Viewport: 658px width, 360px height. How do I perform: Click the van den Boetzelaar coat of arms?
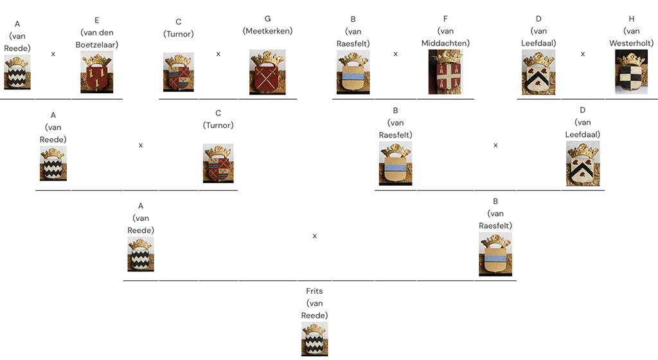pos(96,73)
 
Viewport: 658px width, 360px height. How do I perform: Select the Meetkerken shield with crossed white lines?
pos(267,72)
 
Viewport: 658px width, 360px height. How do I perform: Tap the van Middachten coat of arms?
pos(445,72)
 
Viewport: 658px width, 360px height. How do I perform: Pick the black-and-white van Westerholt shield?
pos(631,72)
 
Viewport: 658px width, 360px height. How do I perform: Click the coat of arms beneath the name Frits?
pos(314,339)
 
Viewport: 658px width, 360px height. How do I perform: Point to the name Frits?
pos(314,291)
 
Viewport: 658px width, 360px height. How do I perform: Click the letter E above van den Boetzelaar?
pos(97,20)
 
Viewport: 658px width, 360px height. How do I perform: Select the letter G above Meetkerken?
pos(267,19)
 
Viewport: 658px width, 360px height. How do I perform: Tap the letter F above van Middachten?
pos(445,19)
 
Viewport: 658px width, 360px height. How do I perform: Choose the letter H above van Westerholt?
pos(632,19)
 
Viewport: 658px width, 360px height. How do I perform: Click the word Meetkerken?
pos(267,31)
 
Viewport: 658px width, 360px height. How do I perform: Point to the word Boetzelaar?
pos(97,44)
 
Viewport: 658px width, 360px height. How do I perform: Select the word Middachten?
pos(445,43)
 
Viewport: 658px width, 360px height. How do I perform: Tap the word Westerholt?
pos(632,43)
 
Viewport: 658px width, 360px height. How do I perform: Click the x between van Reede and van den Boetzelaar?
pos(53,54)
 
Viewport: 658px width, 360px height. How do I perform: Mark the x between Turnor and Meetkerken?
pos(218,54)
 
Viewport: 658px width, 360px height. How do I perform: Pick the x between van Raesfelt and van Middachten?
pos(396,54)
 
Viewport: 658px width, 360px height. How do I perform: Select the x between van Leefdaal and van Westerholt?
pos(583,54)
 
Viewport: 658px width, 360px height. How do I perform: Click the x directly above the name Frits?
pos(315,236)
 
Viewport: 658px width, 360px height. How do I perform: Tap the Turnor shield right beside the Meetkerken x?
pos(179,72)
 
